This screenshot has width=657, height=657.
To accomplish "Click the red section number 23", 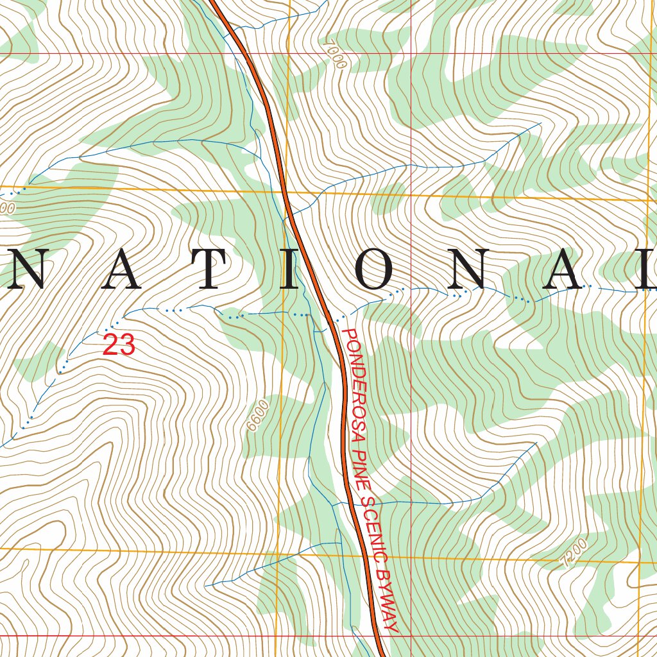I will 119,345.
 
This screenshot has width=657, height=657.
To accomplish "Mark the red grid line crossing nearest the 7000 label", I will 411,53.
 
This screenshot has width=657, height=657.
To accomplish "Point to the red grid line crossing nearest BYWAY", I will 411,636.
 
